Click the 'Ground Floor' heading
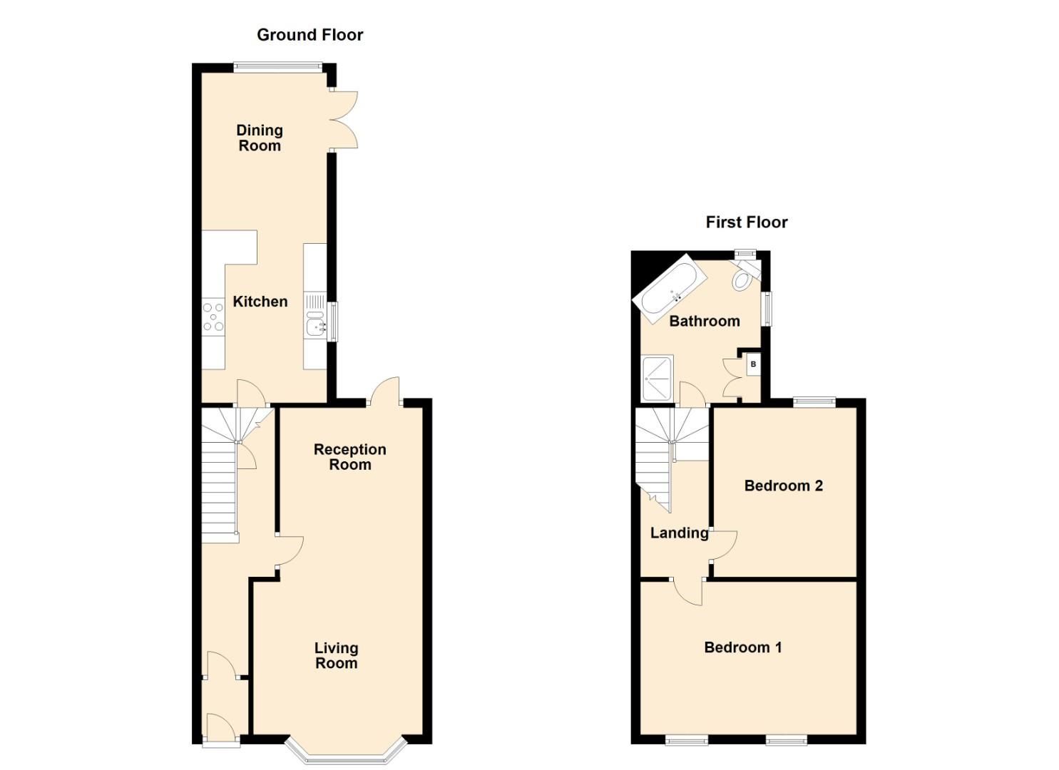[309, 35]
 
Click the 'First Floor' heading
[746, 222]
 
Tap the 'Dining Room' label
[260, 138]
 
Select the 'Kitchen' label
[260, 302]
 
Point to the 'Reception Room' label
[349, 457]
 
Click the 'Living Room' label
[336, 655]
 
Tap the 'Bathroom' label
[704, 321]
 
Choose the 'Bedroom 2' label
[783, 486]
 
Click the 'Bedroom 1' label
[742, 647]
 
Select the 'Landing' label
[679, 533]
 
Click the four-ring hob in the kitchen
[213, 317]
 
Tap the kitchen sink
[314, 327]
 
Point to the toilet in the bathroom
[743, 277]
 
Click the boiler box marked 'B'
[753, 365]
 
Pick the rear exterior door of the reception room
[385, 391]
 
